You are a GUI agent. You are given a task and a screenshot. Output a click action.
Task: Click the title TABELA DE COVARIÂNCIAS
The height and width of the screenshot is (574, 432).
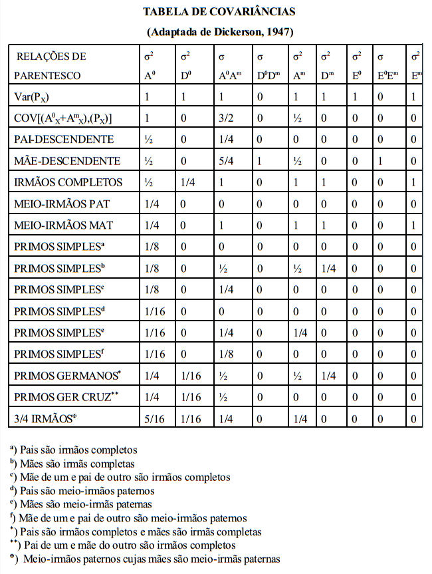click(219, 11)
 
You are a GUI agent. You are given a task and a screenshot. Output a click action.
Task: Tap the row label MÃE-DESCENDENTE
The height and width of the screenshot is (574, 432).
click(67, 161)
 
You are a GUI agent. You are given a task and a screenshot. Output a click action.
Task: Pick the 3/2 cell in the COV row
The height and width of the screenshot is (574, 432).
click(226, 118)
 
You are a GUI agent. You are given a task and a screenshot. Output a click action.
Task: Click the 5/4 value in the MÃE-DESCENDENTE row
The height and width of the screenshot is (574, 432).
click(226, 161)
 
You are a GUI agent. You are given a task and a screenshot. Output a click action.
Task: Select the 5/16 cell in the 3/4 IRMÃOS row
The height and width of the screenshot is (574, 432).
click(154, 419)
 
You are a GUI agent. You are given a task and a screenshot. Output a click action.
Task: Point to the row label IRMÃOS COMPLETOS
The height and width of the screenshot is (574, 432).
click(69, 182)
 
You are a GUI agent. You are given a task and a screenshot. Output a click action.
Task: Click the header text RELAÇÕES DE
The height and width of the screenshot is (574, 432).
click(51, 57)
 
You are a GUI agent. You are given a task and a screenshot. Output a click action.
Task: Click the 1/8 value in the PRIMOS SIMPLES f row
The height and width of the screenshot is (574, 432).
click(226, 354)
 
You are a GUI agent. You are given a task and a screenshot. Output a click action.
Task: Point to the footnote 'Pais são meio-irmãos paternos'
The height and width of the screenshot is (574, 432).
click(82, 491)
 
